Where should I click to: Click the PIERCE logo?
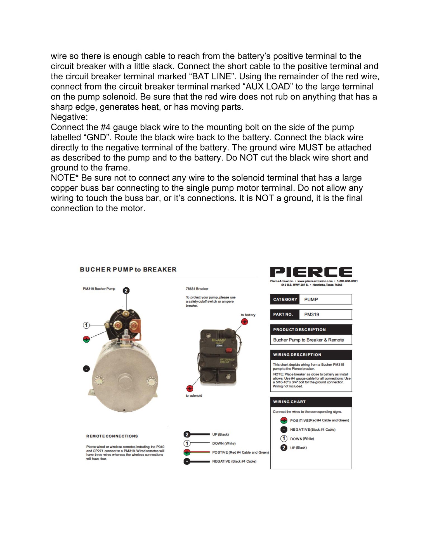[x=311, y=272]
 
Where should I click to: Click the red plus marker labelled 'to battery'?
[x=245, y=322]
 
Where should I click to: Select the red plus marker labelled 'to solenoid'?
[x=190, y=389]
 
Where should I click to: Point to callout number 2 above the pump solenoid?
[x=126, y=291]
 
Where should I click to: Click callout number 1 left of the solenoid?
[x=86, y=325]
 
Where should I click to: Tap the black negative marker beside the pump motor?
[x=86, y=369]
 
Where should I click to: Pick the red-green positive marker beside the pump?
[x=86, y=340]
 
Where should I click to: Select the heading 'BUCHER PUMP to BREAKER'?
[x=128, y=269]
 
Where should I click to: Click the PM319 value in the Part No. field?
[x=311, y=314]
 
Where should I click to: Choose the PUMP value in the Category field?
[x=311, y=299]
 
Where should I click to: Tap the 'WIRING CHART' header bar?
[x=311, y=402]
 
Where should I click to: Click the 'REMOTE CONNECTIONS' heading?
[x=112, y=436]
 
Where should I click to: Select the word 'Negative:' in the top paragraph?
[x=69, y=117]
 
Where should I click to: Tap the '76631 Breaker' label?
[x=197, y=289]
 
